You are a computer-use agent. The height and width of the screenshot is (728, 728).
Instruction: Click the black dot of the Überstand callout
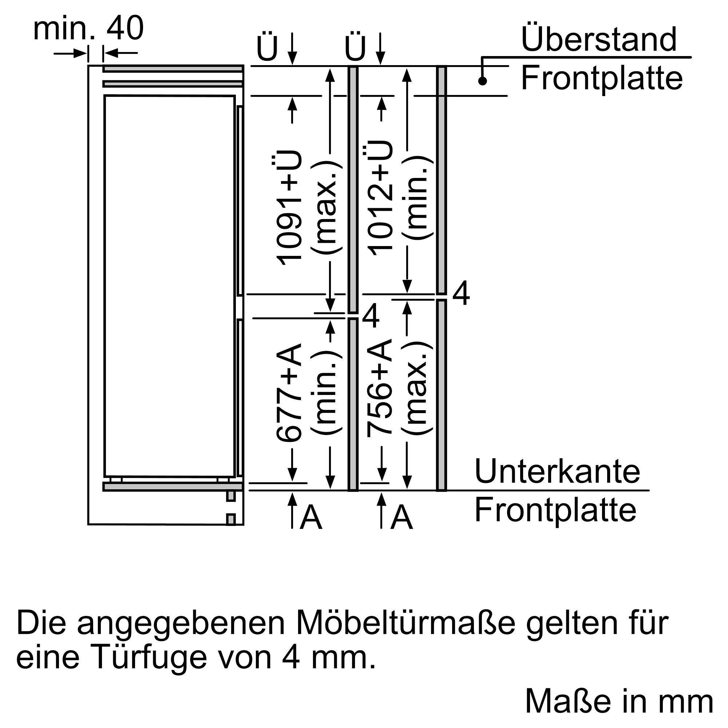click(x=482, y=81)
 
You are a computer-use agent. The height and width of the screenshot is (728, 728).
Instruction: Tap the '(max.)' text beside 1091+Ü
click(x=326, y=207)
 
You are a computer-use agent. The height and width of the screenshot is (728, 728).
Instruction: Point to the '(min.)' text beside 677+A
click(x=326, y=392)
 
